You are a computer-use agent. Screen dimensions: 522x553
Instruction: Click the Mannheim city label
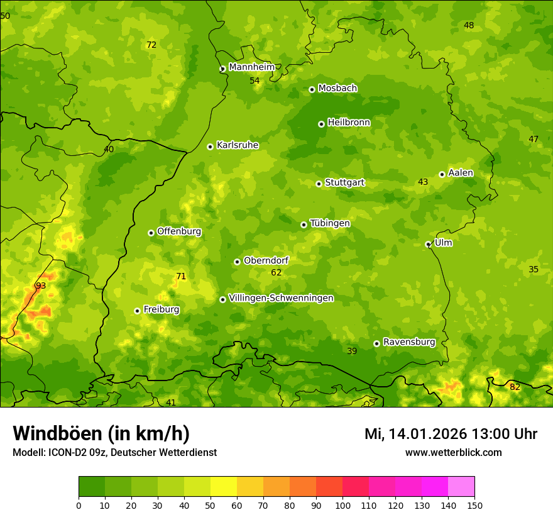(251, 67)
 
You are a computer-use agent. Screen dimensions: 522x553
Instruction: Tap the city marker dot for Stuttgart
(319, 184)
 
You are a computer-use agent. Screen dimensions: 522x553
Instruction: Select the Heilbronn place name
(349, 123)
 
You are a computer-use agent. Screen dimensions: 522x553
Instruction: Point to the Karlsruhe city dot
(210, 147)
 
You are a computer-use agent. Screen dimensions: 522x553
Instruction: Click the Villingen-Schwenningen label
(281, 298)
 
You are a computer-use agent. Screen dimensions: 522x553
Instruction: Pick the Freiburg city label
(161, 309)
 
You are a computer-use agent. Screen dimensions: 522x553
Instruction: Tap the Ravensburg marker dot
(376, 343)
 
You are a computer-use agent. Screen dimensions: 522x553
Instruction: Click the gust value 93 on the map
(41, 286)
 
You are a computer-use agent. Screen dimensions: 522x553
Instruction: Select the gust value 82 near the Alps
(515, 387)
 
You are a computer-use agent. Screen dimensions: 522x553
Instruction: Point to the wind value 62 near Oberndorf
(276, 273)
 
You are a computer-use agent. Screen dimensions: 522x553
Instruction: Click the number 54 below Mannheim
(255, 81)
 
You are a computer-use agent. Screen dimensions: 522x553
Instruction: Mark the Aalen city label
(461, 173)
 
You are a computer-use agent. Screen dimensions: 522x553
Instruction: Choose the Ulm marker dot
(428, 244)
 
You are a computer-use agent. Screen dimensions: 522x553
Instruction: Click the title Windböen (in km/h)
(101, 433)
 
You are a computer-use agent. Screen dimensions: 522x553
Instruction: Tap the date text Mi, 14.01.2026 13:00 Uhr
(451, 434)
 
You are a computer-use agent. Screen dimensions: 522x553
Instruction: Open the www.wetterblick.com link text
(453, 452)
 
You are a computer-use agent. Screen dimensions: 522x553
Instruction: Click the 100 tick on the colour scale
(342, 506)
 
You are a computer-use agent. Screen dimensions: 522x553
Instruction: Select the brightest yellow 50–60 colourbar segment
(224, 487)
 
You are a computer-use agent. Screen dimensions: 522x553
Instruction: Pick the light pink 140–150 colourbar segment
(461, 487)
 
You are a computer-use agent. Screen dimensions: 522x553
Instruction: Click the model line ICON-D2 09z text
(114, 453)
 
